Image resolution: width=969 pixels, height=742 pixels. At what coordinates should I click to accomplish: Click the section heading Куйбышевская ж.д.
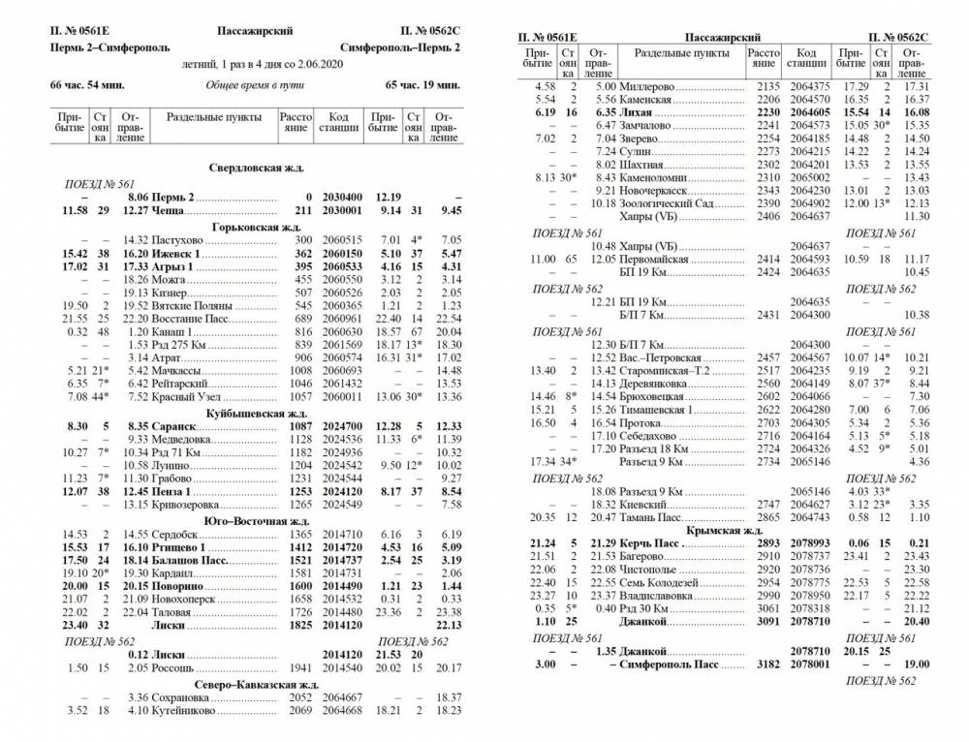click(x=257, y=414)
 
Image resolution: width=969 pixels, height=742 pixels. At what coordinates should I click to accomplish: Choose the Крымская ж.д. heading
click(x=725, y=531)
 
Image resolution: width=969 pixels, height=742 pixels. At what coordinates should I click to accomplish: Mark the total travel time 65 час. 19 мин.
click(x=422, y=85)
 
